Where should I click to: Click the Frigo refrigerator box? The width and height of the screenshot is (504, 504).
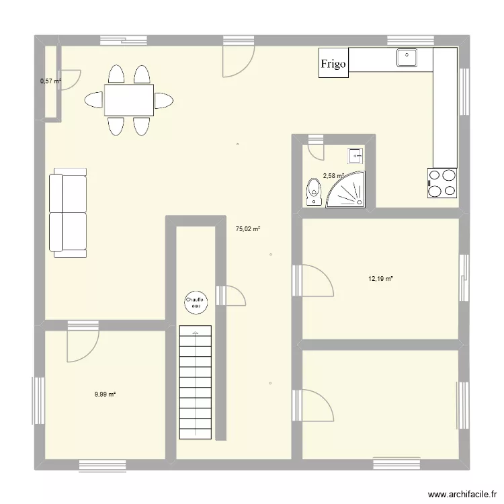click(334, 64)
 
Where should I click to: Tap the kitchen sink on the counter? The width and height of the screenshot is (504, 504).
click(407, 58)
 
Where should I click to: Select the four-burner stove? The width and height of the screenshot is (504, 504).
click(442, 183)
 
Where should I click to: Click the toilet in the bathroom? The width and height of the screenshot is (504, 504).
click(313, 192)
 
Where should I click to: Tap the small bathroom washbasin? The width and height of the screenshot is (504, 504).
click(355, 156)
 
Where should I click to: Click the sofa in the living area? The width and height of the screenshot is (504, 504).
click(69, 213)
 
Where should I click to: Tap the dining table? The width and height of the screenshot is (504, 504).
click(128, 100)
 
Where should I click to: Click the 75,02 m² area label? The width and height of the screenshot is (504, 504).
click(247, 229)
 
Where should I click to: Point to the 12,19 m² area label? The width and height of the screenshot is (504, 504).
click(380, 278)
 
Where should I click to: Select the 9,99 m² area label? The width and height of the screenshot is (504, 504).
click(106, 394)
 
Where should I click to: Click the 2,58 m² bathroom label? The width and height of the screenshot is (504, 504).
click(333, 176)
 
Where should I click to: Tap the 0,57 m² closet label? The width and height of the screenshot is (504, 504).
click(50, 81)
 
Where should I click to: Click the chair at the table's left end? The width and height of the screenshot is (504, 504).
click(93, 101)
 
